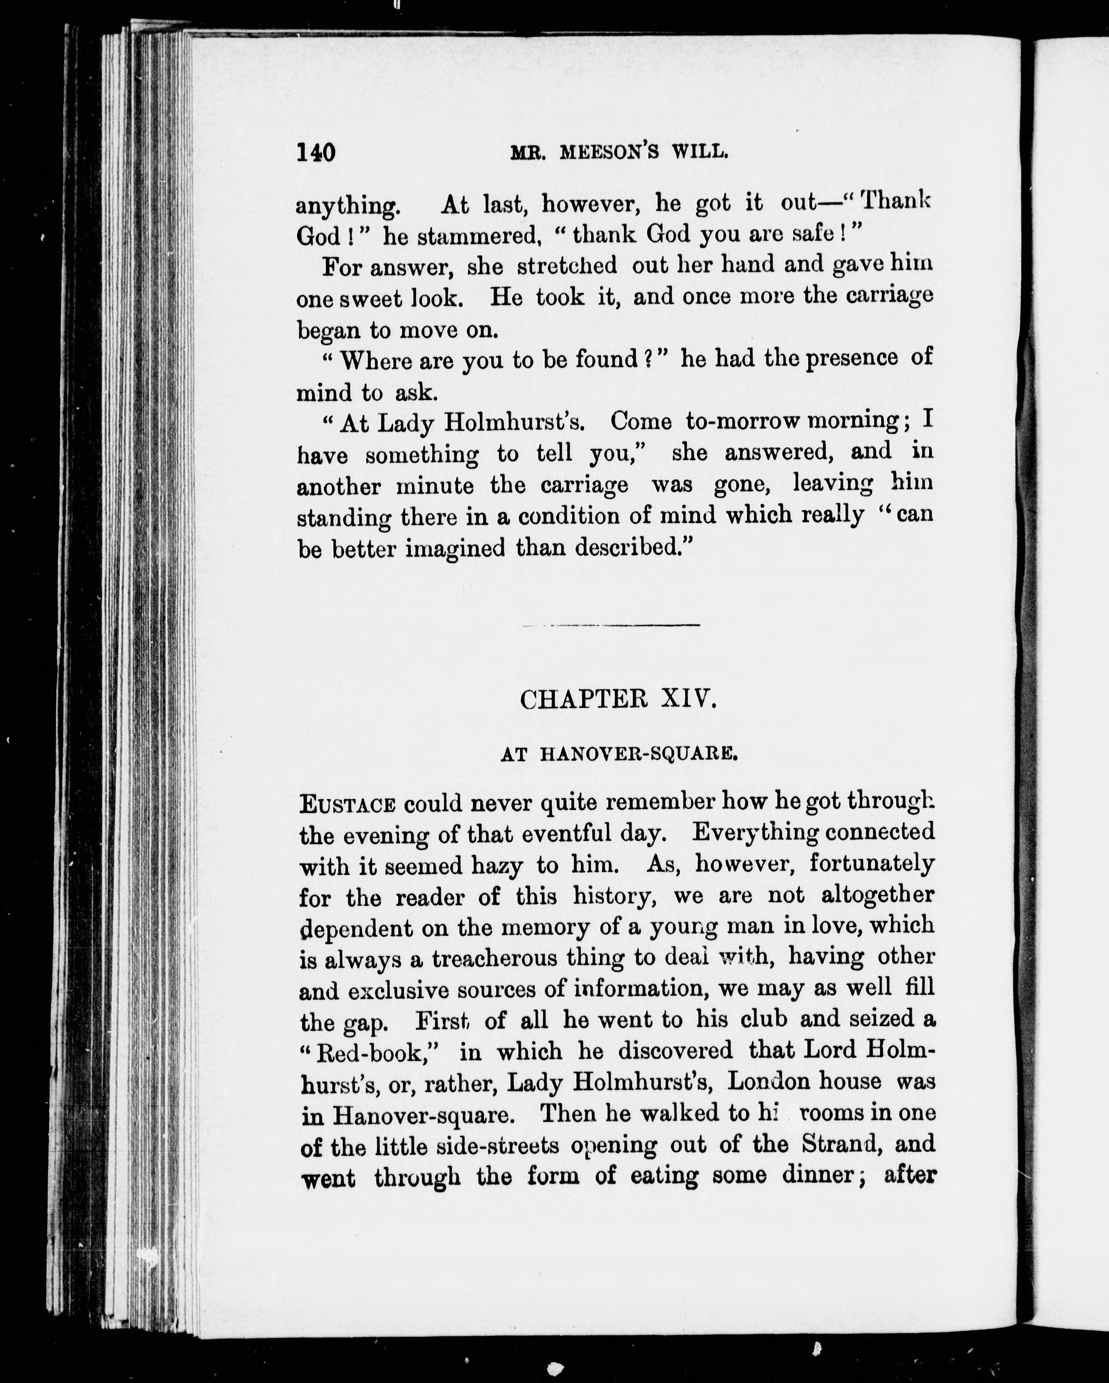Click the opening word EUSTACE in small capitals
[x=347, y=804]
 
